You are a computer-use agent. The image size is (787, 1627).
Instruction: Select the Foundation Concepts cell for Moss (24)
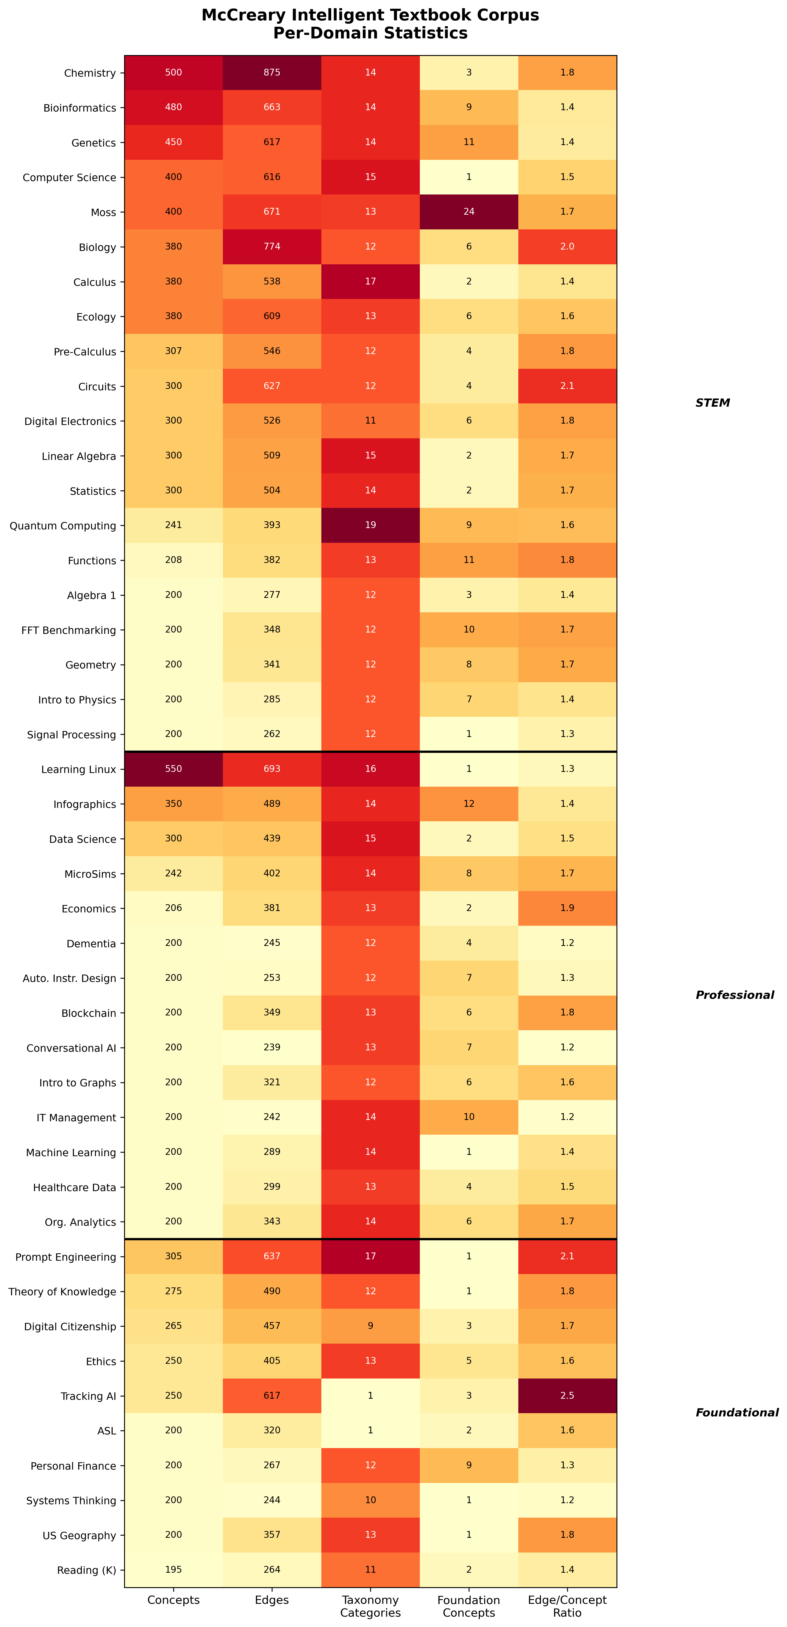click(x=469, y=212)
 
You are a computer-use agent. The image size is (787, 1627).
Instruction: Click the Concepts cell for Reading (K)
click(x=174, y=1569)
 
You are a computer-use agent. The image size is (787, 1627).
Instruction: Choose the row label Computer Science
click(x=70, y=178)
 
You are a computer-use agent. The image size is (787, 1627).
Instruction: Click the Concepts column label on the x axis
click(x=174, y=1600)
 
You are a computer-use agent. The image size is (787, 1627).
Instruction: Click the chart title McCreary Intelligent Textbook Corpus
click(x=370, y=15)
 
